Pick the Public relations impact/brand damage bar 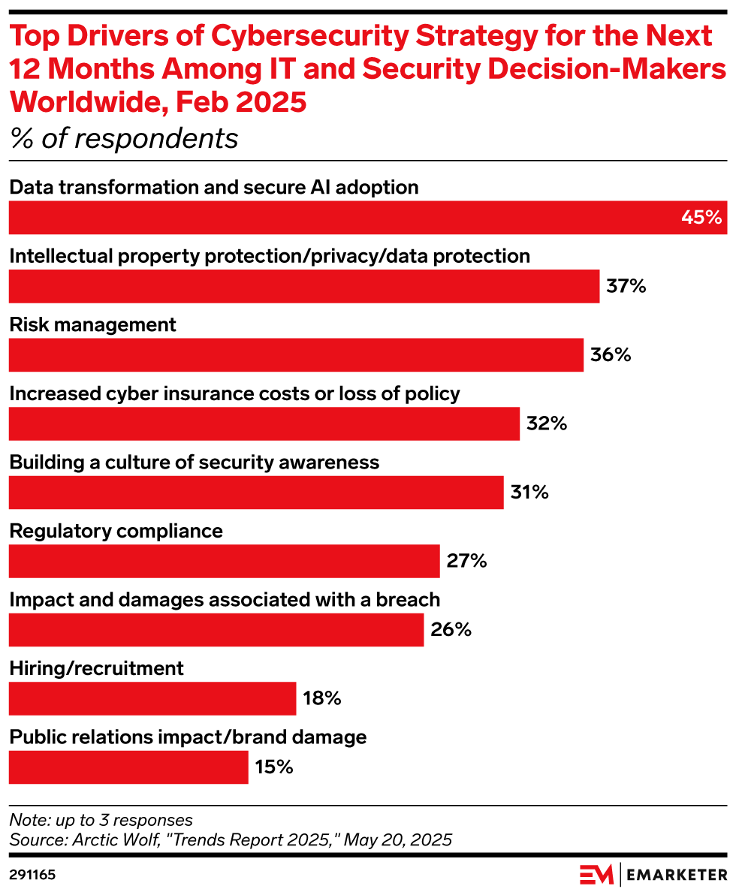128,767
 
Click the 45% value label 701,218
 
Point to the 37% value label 626,286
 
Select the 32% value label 546,423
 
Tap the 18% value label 322,699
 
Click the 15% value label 273,767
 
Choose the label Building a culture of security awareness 195,463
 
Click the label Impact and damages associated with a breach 225,600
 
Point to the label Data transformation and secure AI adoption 214,187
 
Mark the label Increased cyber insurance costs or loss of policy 234,393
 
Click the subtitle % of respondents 124,139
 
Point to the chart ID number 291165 32,875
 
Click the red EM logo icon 596,875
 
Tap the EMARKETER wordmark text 677,875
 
